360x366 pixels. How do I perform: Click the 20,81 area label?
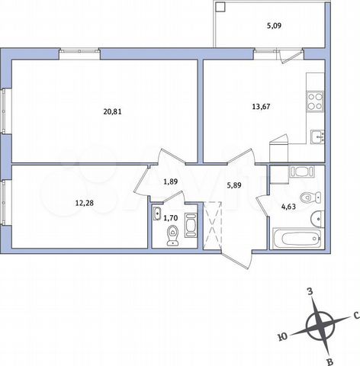[x=112, y=111]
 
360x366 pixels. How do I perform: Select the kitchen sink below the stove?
[x=316, y=137]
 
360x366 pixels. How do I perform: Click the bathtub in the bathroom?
[x=297, y=239]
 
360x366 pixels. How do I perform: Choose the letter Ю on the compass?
[x=283, y=334]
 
